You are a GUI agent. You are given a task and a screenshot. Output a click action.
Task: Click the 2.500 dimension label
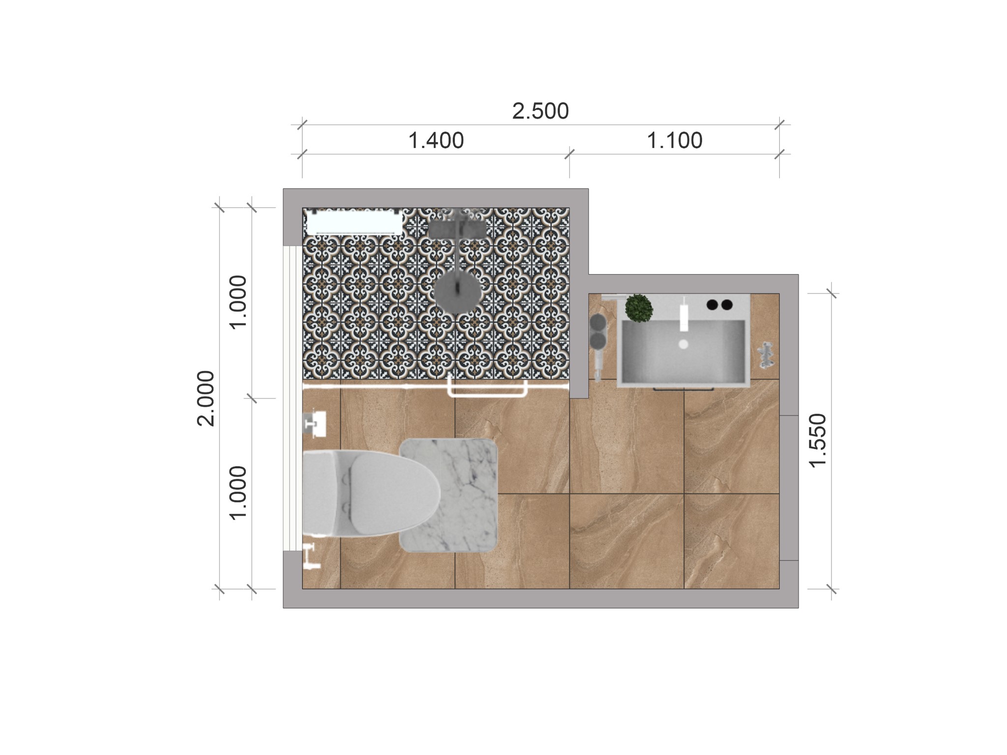point(540,111)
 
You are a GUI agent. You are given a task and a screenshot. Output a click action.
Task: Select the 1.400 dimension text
point(436,141)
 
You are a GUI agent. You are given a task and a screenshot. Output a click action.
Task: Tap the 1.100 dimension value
point(674,141)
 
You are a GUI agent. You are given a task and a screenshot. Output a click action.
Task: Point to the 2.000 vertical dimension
point(206,398)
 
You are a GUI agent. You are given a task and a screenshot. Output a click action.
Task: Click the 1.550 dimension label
point(818,440)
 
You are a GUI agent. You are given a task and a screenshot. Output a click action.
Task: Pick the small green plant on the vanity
point(639,308)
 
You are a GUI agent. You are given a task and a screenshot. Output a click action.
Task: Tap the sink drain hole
point(683,344)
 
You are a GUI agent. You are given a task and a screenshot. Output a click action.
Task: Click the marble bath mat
point(449,495)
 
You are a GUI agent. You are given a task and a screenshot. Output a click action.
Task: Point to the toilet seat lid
point(388,493)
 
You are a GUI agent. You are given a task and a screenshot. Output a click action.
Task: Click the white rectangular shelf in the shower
point(355,222)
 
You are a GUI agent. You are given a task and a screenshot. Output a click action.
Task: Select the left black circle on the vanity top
point(712,305)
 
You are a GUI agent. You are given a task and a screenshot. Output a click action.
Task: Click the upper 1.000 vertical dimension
point(238,302)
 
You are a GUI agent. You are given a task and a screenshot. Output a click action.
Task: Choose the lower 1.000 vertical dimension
point(238,493)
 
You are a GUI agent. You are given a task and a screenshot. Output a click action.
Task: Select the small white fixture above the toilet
point(315,423)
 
